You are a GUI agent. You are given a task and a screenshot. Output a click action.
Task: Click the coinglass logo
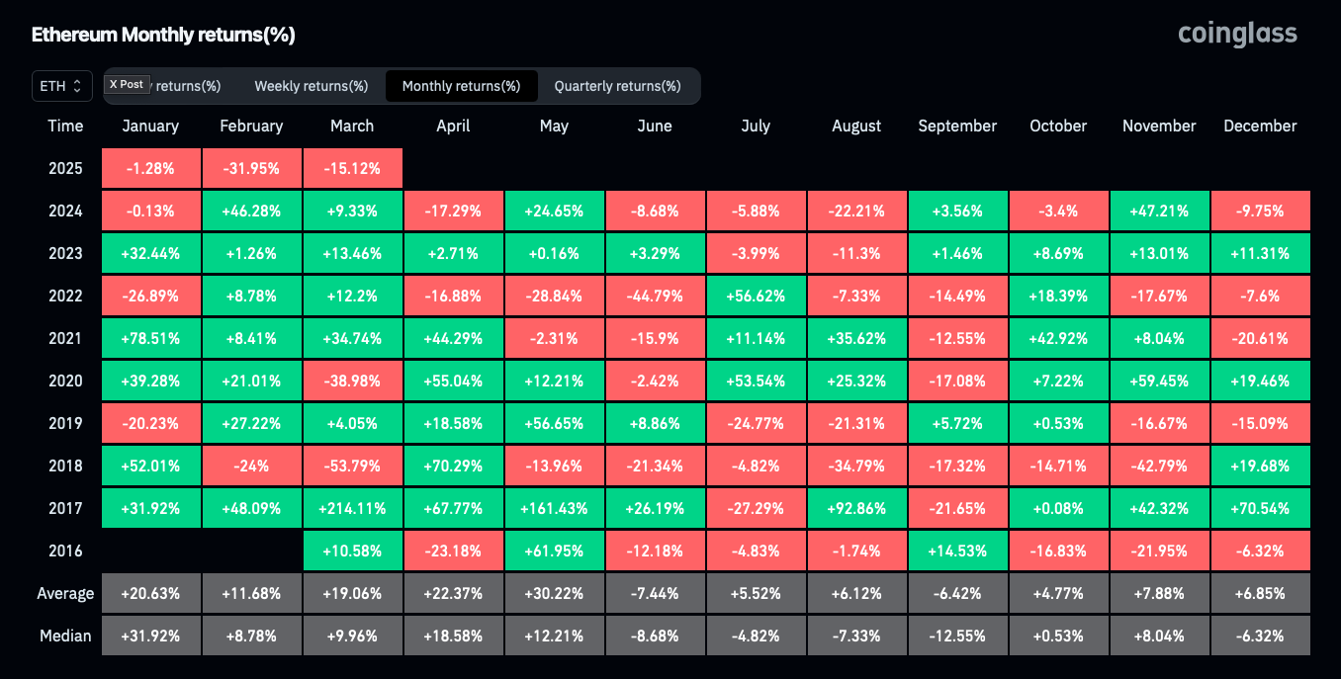point(1237,35)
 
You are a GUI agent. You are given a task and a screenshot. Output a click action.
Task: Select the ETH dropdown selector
point(61,86)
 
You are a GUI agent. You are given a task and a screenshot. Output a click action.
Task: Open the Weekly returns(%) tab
point(312,86)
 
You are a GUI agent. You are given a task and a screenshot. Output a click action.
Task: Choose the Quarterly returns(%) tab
point(617,86)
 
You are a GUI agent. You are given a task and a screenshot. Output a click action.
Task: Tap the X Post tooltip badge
point(127,84)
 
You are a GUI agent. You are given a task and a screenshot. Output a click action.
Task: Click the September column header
point(957,126)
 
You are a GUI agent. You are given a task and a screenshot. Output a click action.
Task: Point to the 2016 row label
point(65,551)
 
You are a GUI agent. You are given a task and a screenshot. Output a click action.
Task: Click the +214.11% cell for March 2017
point(353,508)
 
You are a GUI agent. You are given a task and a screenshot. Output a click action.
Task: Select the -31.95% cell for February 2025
point(251,168)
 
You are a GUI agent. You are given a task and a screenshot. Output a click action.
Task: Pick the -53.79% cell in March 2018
point(353,467)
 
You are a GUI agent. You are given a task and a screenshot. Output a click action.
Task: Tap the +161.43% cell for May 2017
point(555,508)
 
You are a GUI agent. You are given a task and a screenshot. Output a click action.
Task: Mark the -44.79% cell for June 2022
point(655,297)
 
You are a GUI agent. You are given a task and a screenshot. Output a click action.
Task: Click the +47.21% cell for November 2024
point(1160,212)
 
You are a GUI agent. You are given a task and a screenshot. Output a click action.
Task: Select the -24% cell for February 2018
point(251,467)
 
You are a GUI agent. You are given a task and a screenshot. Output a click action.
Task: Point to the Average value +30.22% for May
point(555,593)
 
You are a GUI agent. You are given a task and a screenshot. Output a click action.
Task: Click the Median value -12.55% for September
point(958,636)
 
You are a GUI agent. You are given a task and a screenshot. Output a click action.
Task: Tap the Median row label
point(65,636)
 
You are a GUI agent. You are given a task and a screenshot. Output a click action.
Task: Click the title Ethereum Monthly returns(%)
point(163,35)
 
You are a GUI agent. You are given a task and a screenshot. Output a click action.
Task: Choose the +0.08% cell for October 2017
point(1058,508)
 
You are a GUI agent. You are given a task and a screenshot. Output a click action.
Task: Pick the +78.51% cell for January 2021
point(151,339)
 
